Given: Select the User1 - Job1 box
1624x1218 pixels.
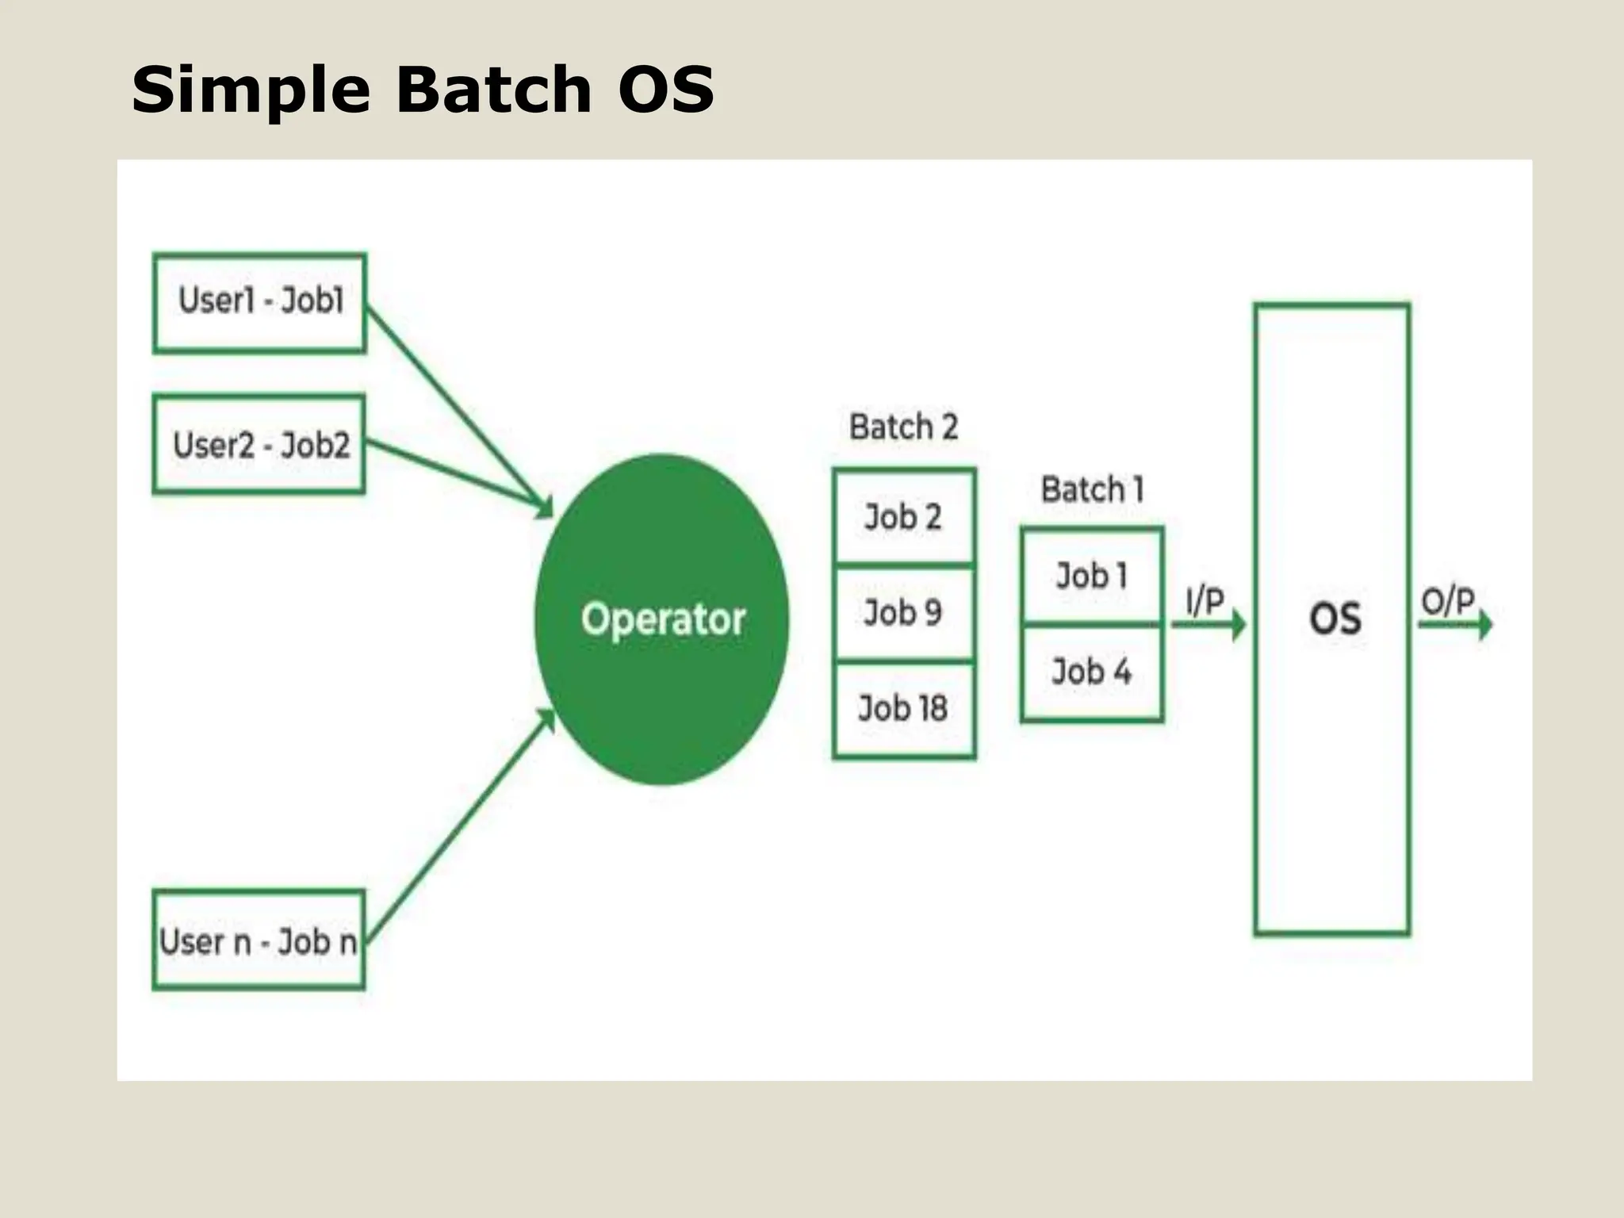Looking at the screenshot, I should coord(259,302).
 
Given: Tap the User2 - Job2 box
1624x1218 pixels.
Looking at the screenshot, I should coord(259,445).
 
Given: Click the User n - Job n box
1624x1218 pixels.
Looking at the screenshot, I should coord(259,941).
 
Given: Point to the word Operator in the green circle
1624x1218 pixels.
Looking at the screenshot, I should coord(663,619).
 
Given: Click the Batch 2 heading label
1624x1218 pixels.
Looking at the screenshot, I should coord(903,427).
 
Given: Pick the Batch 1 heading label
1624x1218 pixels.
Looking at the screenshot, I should coord(1092,489).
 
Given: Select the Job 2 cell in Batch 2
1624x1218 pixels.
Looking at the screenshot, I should coord(903,518).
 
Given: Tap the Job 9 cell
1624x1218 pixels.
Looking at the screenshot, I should coord(903,613).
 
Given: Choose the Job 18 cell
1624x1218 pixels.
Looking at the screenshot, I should coord(903,708).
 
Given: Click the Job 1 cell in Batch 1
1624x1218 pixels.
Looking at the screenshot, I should coord(1092,576).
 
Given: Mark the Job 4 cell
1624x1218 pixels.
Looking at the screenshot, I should coord(1092,672).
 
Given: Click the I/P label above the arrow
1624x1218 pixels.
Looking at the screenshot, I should coord(1205,602).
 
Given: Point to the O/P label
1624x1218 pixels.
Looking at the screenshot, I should coord(1447,602).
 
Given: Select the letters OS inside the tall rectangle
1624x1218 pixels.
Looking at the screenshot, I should coord(1335,619).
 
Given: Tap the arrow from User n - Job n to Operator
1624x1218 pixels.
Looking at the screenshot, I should coord(460,825).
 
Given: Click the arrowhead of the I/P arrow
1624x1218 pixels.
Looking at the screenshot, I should coord(1238,625).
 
